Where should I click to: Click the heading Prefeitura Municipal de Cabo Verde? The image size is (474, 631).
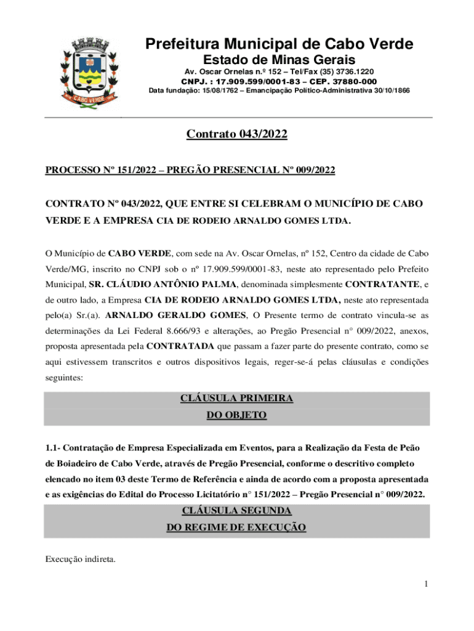click(279, 44)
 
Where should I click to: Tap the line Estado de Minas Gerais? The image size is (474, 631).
click(279, 60)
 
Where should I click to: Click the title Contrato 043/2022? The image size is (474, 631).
click(237, 135)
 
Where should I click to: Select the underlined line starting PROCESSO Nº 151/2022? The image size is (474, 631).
click(190, 171)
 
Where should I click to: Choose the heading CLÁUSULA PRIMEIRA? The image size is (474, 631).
click(237, 399)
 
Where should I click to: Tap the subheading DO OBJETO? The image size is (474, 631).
click(237, 416)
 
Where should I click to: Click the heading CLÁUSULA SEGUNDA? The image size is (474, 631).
click(237, 511)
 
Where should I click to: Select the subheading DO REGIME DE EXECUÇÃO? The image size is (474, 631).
click(237, 528)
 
